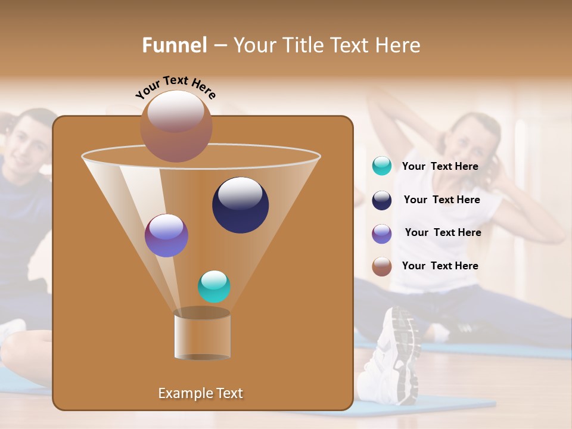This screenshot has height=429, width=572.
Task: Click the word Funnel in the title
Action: [x=175, y=45]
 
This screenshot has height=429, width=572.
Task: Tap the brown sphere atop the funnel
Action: [x=176, y=126]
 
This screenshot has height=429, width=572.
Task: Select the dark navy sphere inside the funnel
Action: [x=240, y=204]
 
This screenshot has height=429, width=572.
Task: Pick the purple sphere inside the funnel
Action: [x=166, y=235]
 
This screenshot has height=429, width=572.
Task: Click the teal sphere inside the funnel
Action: [x=214, y=286]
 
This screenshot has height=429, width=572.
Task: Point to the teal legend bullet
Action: [x=382, y=166]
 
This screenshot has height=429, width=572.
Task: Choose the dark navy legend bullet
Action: [x=382, y=200]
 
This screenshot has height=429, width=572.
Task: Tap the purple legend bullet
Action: [x=382, y=234]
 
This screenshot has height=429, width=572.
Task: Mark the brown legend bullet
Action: [x=382, y=266]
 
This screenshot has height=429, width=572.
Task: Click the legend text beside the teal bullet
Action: [x=440, y=166]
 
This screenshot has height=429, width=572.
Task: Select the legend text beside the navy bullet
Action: [x=442, y=200]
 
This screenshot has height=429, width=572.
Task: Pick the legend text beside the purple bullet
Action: [x=443, y=232]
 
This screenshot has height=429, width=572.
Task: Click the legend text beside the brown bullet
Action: [x=440, y=266]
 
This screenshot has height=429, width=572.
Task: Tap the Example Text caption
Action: [x=200, y=393]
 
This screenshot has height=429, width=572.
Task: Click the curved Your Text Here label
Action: [x=175, y=87]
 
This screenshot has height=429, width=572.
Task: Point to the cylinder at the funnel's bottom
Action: [x=202, y=335]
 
